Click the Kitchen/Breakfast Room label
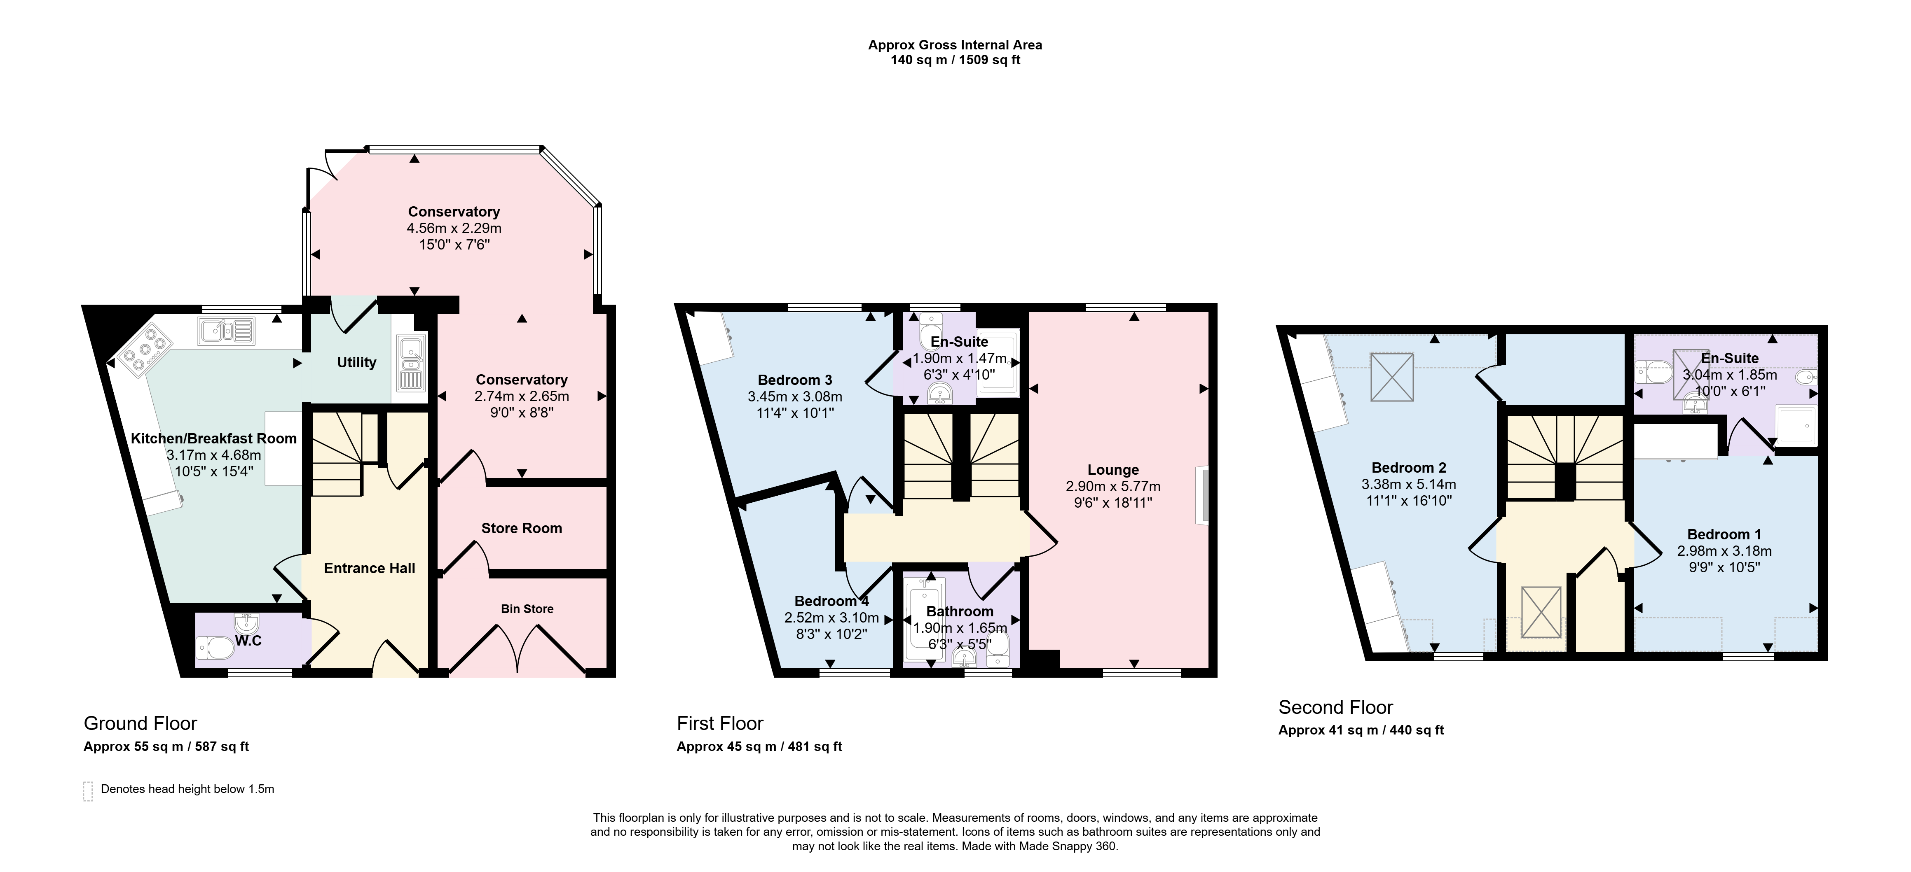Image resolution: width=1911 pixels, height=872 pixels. [214, 438]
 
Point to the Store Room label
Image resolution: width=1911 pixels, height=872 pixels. [522, 528]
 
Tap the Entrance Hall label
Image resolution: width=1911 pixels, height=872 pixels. [370, 568]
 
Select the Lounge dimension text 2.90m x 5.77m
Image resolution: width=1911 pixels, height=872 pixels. [1113, 486]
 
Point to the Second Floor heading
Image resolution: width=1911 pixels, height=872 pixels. [1335, 707]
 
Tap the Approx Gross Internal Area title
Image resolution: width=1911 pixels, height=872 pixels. [955, 45]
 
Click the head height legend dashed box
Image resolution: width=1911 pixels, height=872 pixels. [87, 791]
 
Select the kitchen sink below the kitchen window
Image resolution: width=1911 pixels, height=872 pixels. [226, 331]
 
